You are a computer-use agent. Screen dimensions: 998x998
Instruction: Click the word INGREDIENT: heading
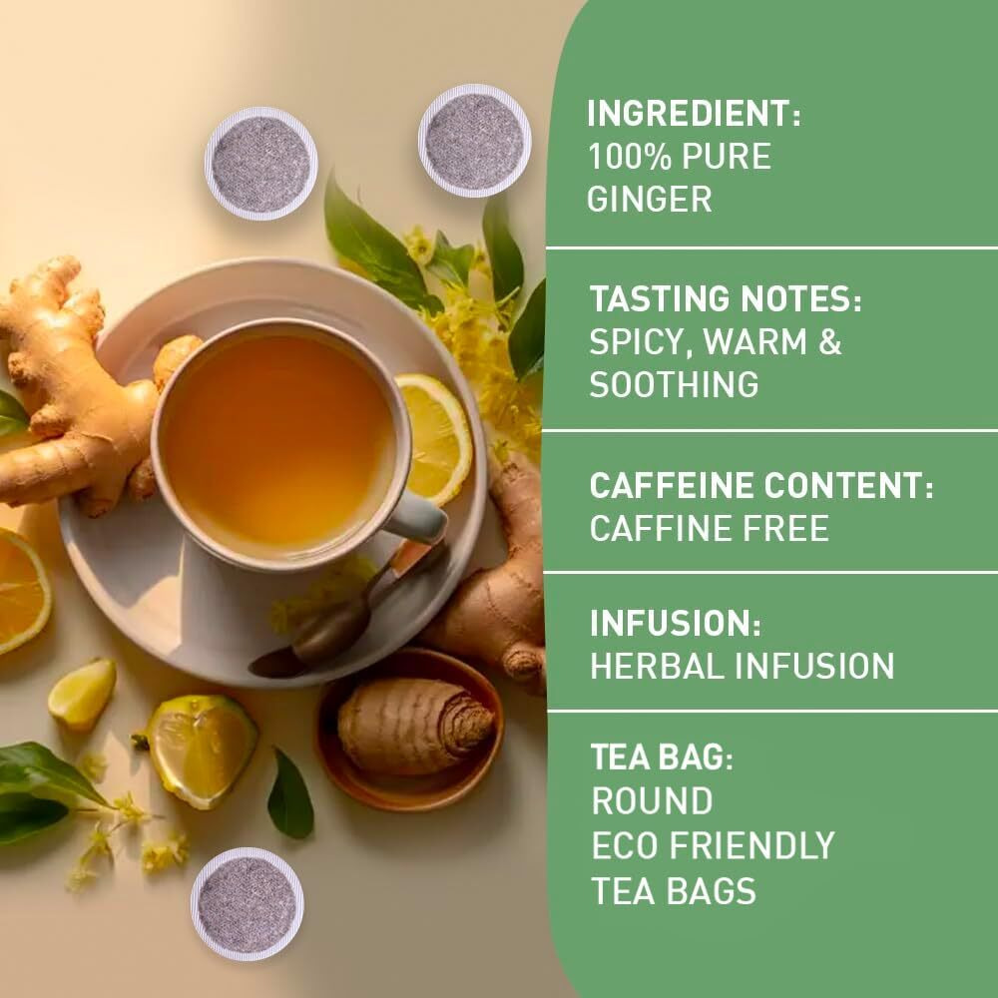[694, 114]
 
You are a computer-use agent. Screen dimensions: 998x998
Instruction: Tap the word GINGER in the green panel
[649, 199]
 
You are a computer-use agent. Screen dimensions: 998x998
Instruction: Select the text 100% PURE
[679, 157]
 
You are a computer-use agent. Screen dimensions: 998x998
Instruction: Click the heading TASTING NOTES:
[725, 299]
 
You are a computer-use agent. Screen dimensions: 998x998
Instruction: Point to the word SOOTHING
[673, 384]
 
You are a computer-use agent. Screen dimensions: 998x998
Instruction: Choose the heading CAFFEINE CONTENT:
[761, 486]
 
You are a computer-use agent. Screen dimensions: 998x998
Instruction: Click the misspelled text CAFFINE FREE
[709, 529]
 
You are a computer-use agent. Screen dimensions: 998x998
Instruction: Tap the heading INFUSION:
[676, 625]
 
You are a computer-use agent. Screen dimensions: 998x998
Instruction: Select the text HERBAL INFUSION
[742, 667]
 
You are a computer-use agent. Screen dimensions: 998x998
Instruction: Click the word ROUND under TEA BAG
[652, 800]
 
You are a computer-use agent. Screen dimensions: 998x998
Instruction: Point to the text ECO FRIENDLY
[713, 845]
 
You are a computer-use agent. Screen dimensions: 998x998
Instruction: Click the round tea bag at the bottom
[247, 904]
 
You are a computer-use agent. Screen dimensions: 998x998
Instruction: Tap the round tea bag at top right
[474, 141]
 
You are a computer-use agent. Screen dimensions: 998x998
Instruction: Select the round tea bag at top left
[260, 164]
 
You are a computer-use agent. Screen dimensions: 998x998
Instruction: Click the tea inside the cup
[277, 439]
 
